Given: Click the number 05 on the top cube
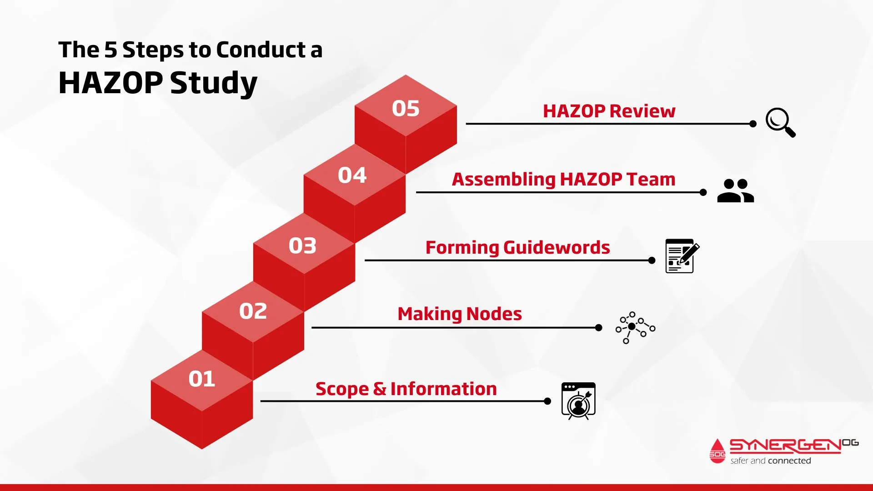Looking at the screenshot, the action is coord(406,109).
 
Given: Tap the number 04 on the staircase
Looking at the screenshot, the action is coord(352,175).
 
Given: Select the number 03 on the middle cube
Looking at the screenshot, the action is coord(302,245).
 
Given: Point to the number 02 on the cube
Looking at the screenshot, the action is coord(253,311).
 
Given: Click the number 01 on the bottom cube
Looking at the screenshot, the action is coord(202,379).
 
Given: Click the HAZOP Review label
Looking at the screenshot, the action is coord(609,111).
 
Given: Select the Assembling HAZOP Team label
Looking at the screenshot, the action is coord(563,180).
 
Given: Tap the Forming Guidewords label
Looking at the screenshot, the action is coord(517,248).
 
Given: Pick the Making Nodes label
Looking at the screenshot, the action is coord(460,314).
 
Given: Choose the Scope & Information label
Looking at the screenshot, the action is coord(406,389).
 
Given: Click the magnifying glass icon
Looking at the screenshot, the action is coord(781,122).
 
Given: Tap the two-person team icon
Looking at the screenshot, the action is coord(736,190).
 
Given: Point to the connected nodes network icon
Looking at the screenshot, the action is coord(635,327).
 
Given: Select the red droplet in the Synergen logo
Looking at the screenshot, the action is coord(717,451).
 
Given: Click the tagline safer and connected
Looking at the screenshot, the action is coord(771,461).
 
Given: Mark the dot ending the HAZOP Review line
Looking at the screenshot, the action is coord(753,124).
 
